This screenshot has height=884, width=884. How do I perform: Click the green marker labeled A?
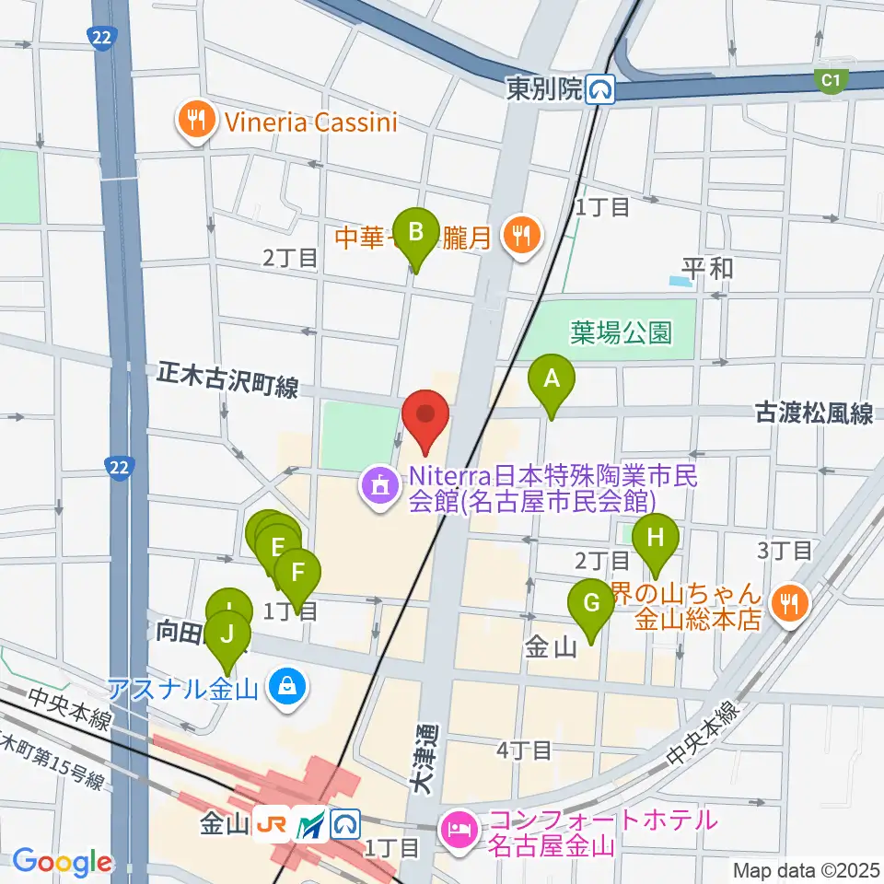pos(552,378)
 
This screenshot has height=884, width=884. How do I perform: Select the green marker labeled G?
pos(590,604)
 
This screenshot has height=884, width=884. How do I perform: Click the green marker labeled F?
pos(297,573)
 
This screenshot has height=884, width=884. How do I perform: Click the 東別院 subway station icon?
pos(602,88)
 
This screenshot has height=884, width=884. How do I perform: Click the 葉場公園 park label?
pos(621,332)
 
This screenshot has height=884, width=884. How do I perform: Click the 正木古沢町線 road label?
pos(227,381)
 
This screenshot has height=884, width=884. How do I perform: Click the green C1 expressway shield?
pos(832,81)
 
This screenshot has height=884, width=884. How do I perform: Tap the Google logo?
pos(62,862)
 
